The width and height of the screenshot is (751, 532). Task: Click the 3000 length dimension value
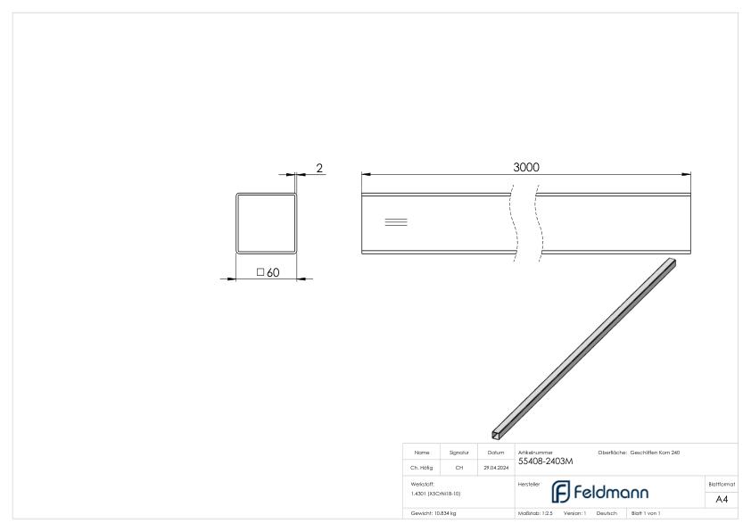click(526, 166)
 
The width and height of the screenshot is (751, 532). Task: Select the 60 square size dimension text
click(273, 273)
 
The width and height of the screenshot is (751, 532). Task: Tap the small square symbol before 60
click(260, 272)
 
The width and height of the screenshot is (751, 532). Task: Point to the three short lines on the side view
click(395, 220)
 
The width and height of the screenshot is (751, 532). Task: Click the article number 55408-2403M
click(546, 461)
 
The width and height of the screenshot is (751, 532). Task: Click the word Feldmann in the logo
click(616, 492)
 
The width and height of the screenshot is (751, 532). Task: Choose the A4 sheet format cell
click(723, 499)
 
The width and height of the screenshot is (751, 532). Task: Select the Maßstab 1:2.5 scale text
click(536, 513)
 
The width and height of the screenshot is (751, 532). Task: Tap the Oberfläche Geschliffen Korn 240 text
click(641, 453)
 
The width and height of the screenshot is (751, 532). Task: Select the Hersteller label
click(527, 483)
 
